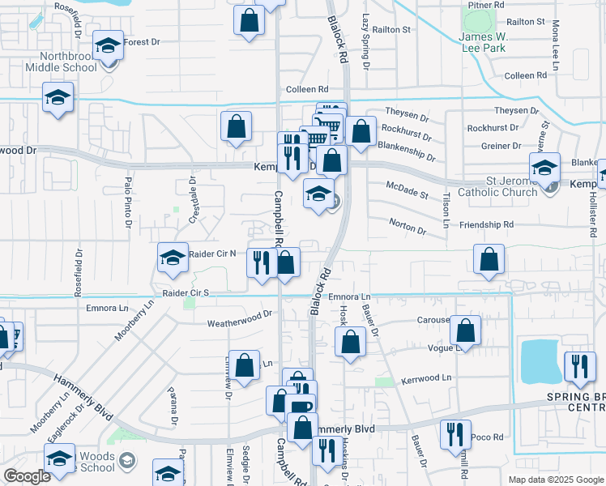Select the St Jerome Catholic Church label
[497, 187]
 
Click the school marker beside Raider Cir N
[173, 259]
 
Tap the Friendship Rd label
[487, 224]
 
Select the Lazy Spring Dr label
[366, 40]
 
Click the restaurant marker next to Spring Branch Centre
[578, 367]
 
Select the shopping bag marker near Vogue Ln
[465, 330]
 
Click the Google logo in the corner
[27, 476]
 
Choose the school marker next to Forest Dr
[107, 45]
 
